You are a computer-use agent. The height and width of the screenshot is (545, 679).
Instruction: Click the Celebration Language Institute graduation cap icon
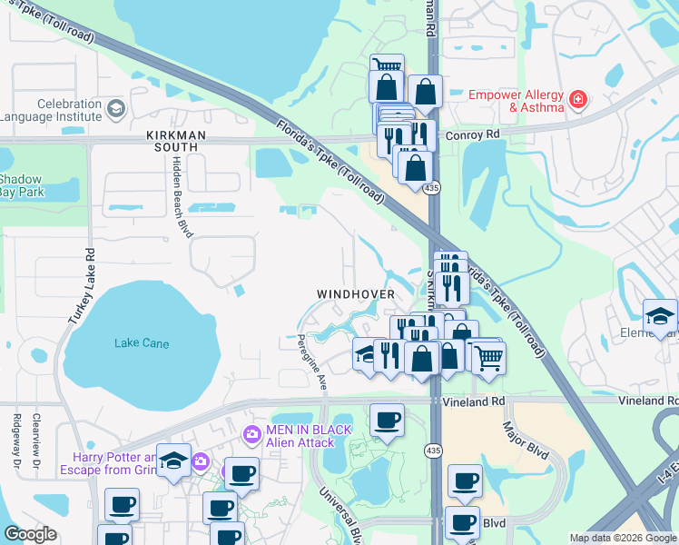115,110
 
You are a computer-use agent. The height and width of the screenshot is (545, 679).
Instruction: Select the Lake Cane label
141,342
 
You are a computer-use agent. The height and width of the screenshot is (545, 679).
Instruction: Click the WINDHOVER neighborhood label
355,294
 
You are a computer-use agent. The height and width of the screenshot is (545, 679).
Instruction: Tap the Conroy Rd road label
474,134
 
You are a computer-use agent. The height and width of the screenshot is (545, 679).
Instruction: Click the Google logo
31,533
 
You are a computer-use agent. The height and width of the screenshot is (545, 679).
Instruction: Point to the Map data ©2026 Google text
622,538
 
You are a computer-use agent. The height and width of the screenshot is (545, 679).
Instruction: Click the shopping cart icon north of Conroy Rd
387,65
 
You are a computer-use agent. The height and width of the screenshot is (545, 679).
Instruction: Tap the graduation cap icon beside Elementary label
660,316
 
